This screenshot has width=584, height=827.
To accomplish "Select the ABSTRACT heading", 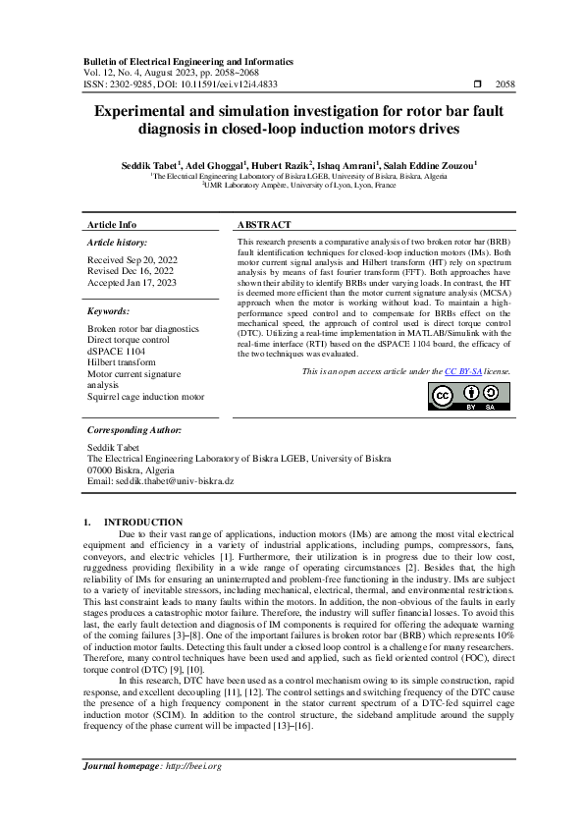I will click(x=264, y=225).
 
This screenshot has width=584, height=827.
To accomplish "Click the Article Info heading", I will click(x=112, y=225).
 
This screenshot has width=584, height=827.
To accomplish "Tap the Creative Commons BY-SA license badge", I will click(x=469, y=396).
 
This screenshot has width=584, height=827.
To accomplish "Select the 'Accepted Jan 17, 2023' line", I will click(x=132, y=282).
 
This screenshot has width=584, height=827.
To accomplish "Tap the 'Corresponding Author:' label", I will click(x=133, y=430).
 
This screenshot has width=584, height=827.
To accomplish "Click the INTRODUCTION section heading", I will click(x=143, y=523).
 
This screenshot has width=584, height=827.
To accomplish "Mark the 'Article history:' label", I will click(x=118, y=242).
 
